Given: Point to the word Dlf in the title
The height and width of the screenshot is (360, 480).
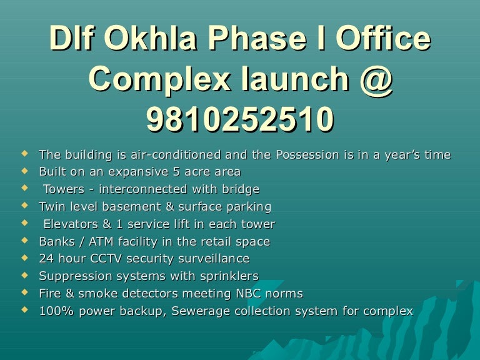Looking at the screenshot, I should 73,40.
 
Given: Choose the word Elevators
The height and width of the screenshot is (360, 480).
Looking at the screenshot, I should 67,224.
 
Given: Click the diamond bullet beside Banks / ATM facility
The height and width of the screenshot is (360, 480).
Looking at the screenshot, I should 24,241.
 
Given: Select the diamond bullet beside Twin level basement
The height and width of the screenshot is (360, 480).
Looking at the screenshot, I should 24,206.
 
